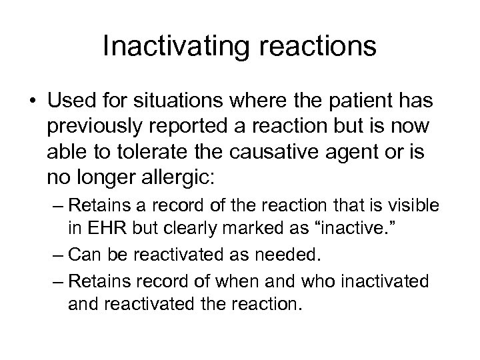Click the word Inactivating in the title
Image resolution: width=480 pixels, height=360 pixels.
(x=170, y=47)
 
